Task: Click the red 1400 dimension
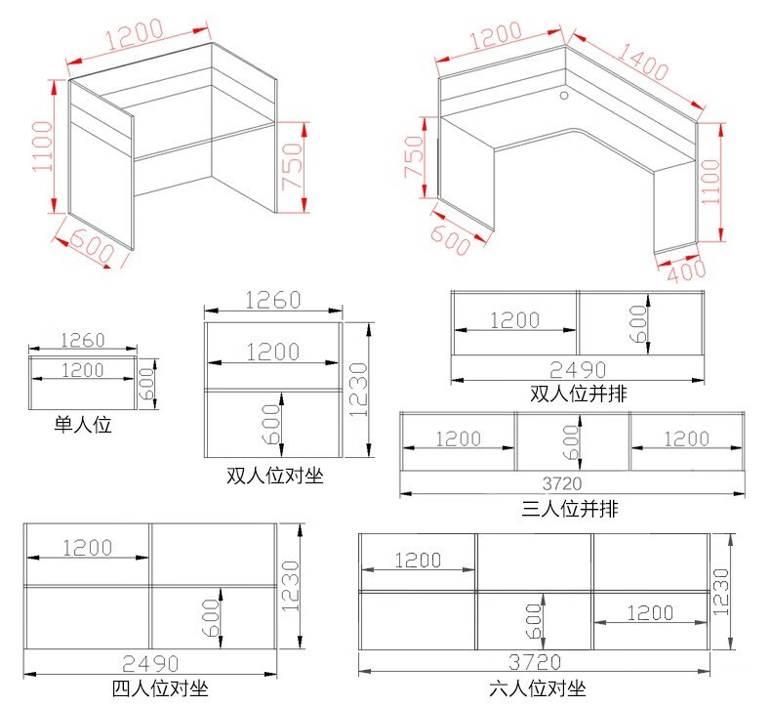[x=643, y=62]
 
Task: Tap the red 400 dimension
[x=687, y=270]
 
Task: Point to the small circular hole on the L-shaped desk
[x=564, y=95]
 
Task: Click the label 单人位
[x=83, y=424]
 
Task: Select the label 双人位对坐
[x=275, y=476]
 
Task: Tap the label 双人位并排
[x=578, y=394]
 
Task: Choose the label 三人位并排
[x=569, y=508]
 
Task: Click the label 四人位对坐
[x=160, y=688]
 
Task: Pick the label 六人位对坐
[x=538, y=688]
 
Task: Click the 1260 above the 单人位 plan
[x=83, y=340]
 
